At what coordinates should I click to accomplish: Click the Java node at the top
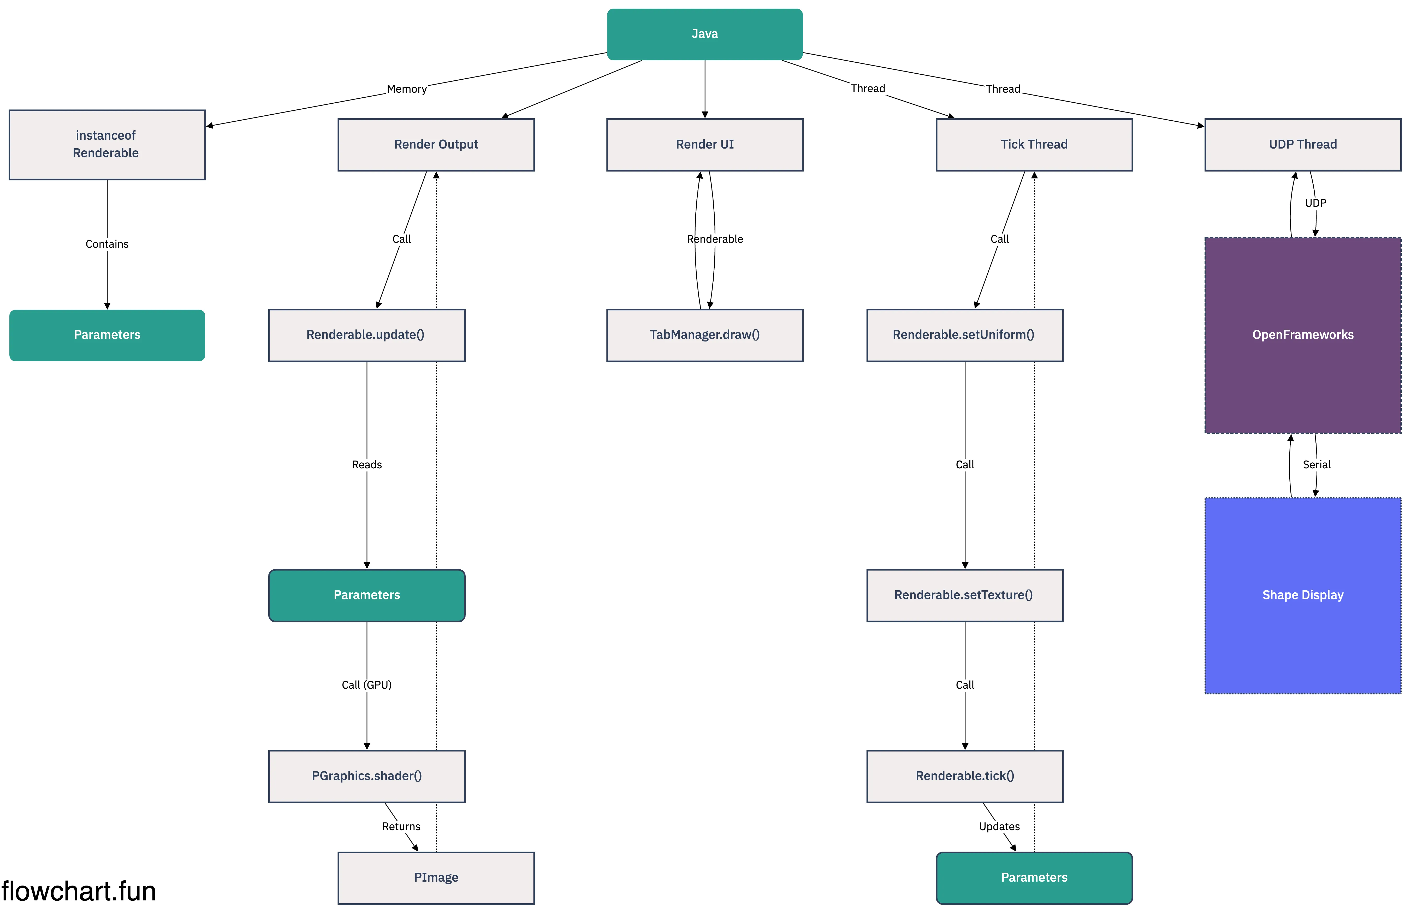coord(704,34)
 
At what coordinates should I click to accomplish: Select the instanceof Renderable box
coord(107,144)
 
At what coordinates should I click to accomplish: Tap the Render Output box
coord(436,144)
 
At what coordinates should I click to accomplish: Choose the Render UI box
coord(704,144)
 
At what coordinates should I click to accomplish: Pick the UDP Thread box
coord(1302,144)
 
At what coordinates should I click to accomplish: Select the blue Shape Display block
coord(1302,595)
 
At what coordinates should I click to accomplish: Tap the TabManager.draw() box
coord(704,334)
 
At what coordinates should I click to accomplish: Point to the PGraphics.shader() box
coord(366,776)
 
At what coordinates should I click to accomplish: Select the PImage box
coord(436,877)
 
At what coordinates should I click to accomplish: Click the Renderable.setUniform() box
coord(964,334)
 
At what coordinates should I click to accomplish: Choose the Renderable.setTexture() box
coord(964,595)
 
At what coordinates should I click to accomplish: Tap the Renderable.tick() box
coord(964,776)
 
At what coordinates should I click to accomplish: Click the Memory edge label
coord(407,89)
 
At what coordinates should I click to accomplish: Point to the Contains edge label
coord(107,244)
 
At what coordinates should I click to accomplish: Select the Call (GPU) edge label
coord(366,685)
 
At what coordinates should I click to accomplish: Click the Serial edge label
coord(1316,464)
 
